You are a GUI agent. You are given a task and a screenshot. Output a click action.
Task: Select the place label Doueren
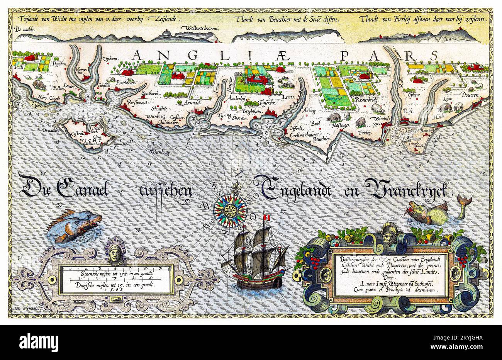tap(468, 95)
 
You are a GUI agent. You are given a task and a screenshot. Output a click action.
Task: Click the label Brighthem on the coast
tap(253, 111)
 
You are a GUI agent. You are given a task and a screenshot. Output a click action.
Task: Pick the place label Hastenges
tap(340, 125)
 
